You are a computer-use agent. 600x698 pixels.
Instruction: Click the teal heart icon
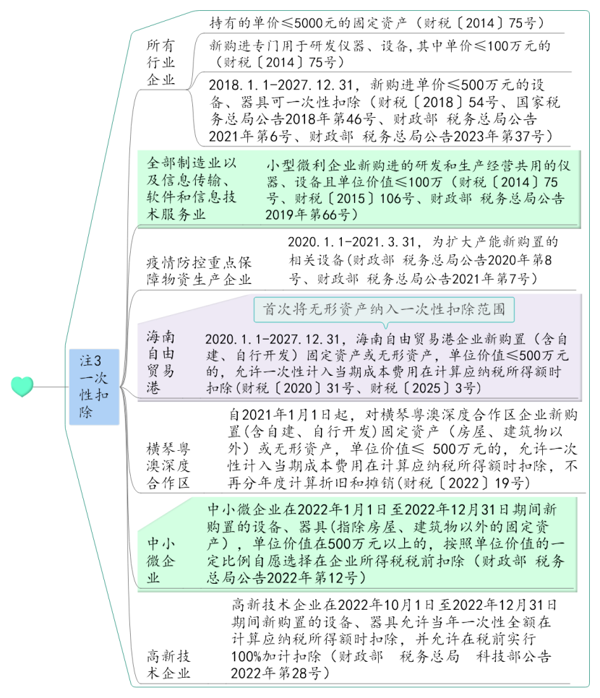(x=22, y=386)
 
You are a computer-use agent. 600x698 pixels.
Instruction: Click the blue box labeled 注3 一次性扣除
(x=95, y=386)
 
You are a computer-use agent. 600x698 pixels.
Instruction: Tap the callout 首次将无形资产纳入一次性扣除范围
(x=384, y=309)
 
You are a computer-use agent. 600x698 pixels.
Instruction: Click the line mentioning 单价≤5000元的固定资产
(x=376, y=22)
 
